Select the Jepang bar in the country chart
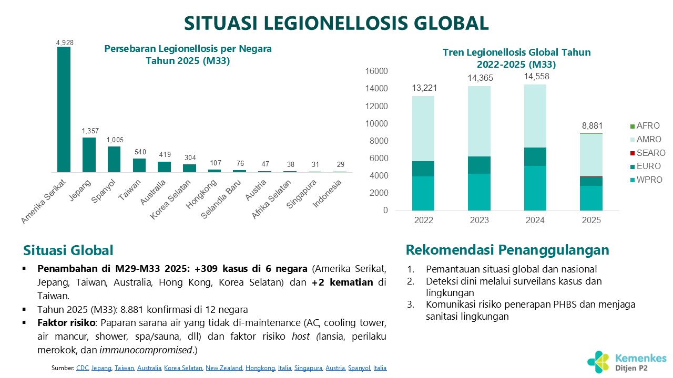pyautogui.click(x=89, y=155)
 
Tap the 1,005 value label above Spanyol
pyautogui.click(x=114, y=140)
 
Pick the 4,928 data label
pyautogui.click(x=64, y=43)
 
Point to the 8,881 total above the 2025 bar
pyautogui.click(x=592, y=126)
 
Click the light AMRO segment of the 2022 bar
pyautogui.click(x=423, y=129)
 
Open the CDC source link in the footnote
pyautogui.click(x=82, y=368)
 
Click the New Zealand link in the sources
pyautogui.click(x=223, y=368)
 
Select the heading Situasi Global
pyautogui.click(x=68, y=250)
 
